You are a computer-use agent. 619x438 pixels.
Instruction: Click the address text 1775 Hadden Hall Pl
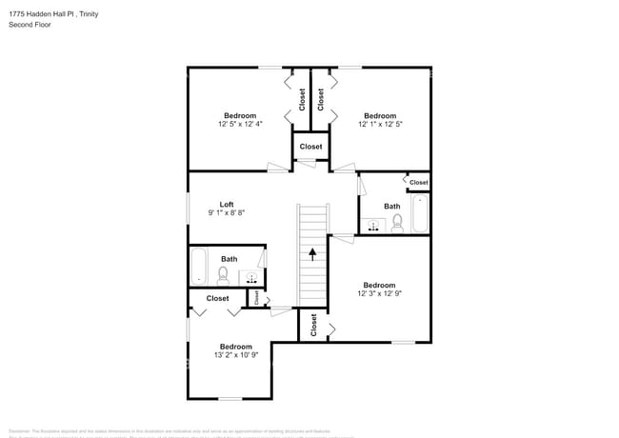tap(43, 14)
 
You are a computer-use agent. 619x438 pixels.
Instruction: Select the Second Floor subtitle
tap(30, 25)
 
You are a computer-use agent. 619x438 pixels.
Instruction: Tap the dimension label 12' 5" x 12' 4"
tap(240, 124)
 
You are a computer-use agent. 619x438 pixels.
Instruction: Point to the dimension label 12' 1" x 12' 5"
tap(380, 124)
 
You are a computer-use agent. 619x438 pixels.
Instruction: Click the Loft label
tap(227, 204)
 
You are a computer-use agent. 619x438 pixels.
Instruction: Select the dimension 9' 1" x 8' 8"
tap(227, 213)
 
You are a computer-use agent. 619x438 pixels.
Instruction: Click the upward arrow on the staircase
tap(311, 253)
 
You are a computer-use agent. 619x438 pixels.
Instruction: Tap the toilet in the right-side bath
tap(397, 223)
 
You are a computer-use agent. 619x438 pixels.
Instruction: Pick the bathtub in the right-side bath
tap(421, 213)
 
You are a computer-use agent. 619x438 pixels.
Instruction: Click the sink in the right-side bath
tap(373, 226)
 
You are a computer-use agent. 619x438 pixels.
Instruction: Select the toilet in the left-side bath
tap(223, 275)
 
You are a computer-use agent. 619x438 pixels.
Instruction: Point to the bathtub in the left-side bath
tap(198, 266)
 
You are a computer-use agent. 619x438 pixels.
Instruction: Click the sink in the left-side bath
tap(252, 277)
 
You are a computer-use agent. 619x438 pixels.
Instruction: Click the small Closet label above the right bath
tap(419, 182)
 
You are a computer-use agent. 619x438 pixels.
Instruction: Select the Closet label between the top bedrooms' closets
tap(311, 147)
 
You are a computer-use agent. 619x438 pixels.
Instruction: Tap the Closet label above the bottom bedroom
tap(217, 298)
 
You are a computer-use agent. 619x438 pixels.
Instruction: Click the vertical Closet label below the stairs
tap(313, 325)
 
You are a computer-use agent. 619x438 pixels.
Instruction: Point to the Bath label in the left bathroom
tap(230, 259)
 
